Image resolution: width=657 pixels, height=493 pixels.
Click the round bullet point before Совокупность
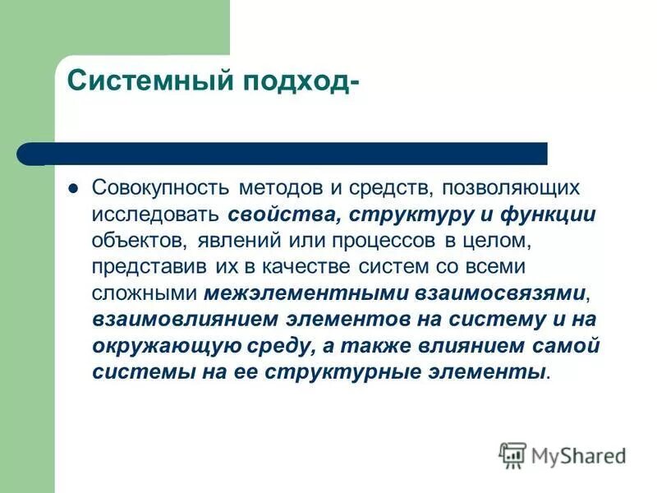pyautogui.click(x=72, y=187)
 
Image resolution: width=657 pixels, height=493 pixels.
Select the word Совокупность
pyautogui.click(x=159, y=188)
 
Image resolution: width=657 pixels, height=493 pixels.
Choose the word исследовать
pyautogui.click(x=155, y=214)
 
